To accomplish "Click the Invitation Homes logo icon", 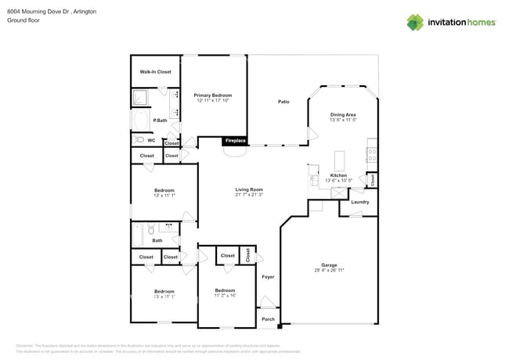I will [415, 22].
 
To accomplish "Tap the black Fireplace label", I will [236, 141].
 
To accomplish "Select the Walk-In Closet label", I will [155, 72].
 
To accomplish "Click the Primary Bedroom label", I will [213, 95].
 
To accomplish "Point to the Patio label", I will [283, 102].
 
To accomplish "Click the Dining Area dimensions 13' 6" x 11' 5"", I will [343, 120].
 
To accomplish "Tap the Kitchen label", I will [338, 175].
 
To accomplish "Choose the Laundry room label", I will [360, 202].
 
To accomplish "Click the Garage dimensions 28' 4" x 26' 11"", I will [328, 270].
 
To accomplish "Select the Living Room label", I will [249, 189].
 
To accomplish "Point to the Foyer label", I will [268, 277].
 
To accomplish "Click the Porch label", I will [268, 319].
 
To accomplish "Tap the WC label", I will [152, 140].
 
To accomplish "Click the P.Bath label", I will [159, 121].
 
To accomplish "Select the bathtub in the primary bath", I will [142, 121].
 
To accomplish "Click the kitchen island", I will [339, 161].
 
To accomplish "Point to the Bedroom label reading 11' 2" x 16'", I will [225, 293].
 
